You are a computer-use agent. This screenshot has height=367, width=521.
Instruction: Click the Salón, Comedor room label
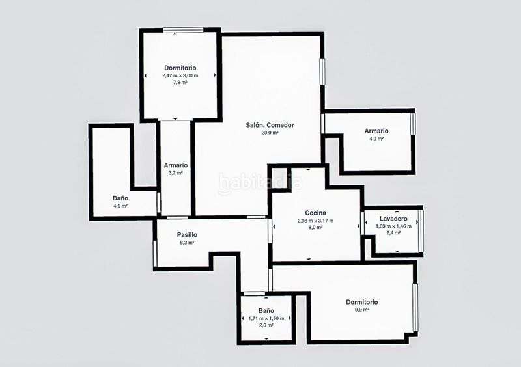click(270, 125)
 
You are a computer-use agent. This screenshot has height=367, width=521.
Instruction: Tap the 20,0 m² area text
click(270, 133)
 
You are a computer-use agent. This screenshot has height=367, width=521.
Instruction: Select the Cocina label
click(315, 213)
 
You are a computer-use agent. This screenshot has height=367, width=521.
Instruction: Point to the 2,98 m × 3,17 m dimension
click(315, 221)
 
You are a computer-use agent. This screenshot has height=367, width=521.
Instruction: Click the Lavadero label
click(393, 219)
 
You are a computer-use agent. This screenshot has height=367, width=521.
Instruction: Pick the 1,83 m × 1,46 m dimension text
click(393, 226)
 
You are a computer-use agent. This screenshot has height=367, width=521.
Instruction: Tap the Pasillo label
click(187, 235)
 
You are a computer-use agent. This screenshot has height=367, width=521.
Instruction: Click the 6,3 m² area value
click(187, 243)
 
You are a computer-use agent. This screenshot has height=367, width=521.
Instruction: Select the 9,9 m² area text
click(362, 310)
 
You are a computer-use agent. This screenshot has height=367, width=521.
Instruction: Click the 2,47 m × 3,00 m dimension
click(180, 75)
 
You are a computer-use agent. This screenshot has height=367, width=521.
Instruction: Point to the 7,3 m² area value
click(180, 83)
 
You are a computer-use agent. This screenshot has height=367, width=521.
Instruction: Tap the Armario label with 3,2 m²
click(175, 165)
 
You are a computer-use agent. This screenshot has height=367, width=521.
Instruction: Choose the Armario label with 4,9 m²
click(376, 131)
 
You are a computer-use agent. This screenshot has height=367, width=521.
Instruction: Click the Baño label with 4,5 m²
click(120, 198)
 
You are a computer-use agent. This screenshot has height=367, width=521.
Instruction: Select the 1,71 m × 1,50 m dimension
click(266, 318)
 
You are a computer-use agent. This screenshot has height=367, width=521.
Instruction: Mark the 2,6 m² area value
click(266, 325)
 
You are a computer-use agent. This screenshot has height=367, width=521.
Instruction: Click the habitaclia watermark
click(260, 183)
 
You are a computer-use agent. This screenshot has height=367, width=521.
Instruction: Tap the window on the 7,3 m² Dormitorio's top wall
click(183, 30)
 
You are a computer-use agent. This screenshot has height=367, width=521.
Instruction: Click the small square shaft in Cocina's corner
click(280, 178)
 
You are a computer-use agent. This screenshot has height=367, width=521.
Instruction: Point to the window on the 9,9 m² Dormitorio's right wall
click(415, 307)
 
